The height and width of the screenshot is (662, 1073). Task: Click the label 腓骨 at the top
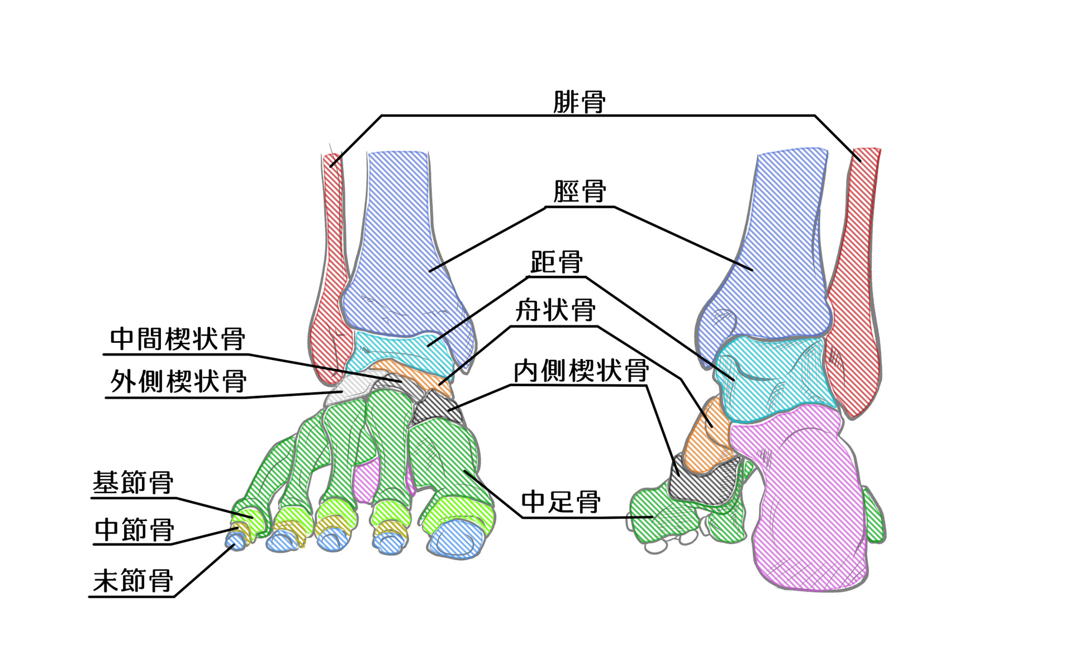pos(579,102)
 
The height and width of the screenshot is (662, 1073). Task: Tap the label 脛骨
pos(580,192)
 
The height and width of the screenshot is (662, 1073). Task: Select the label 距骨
pos(556,262)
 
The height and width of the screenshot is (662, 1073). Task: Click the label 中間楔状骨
pos(177,339)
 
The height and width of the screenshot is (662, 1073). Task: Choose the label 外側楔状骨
pos(178,382)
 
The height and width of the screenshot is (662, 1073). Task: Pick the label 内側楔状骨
pos(581,371)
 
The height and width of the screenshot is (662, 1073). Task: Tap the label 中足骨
pos(561,502)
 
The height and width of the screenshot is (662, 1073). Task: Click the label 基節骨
pos(133,483)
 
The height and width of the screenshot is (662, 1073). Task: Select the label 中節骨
pos(134,529)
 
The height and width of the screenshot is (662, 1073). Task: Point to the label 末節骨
pos(133,581)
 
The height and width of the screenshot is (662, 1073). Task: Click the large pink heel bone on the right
pos(805,503)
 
